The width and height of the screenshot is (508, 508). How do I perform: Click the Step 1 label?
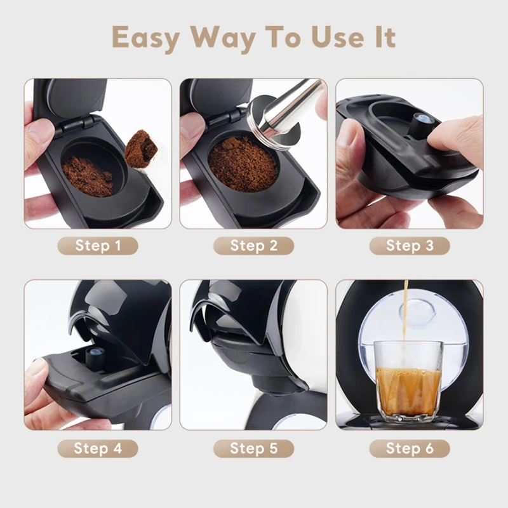(x=98, y=246)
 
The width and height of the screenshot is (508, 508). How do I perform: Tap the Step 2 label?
(x=253, y=246)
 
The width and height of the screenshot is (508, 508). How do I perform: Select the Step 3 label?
(x=409, y=246)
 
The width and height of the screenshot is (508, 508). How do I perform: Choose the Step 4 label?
(x=98, y=448)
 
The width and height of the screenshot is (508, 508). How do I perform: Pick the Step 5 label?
(x=253, y=448)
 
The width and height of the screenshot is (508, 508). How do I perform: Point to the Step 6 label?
(x=409, y=448)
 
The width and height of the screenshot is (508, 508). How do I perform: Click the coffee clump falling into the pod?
(x=141, y=148)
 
